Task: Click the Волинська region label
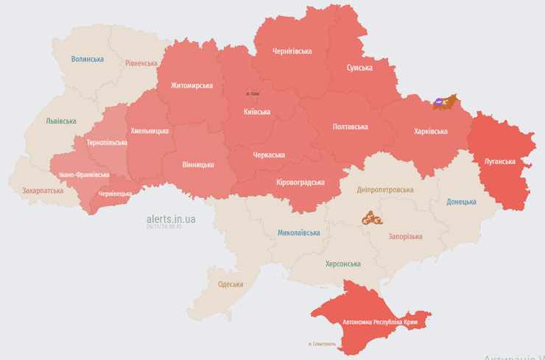pos(88,59)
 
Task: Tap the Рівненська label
pos(141,63)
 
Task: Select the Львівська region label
pos(60,121)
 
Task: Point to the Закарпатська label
pos(43,190)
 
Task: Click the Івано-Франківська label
pos(84,175)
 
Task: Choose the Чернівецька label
pos(116,194)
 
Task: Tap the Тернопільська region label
pos(107,142)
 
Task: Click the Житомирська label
pos(191,85)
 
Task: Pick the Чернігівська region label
pos(292,52)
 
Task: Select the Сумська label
pos(359,68)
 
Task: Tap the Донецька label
pos(461,202)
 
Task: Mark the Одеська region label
pos(231,284)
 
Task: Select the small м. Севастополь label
pos(322,344)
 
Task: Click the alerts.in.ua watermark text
pos(171,219)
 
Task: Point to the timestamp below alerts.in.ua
pos(163,227)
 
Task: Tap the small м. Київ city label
pos(252,94)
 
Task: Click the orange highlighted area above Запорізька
pos(372,218)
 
